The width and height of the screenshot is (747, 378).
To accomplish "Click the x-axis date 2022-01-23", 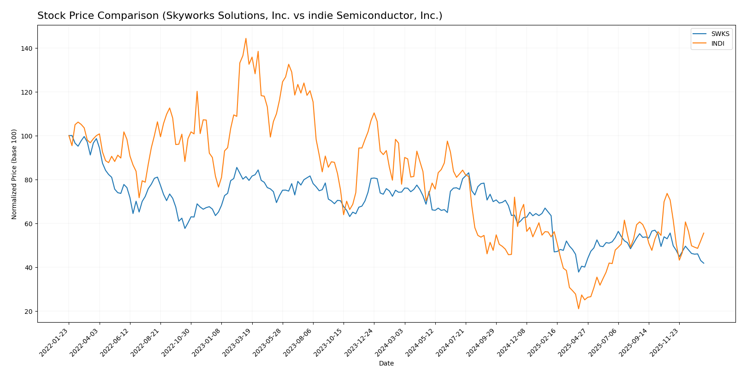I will click(54, 342).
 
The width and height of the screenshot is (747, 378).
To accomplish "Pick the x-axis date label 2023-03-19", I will click(237, 342).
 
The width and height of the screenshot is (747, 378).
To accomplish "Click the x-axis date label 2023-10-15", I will click(329, 342).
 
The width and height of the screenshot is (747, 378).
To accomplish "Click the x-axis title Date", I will click(386, 364).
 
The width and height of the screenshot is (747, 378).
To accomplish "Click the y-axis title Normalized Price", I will click(14, 174).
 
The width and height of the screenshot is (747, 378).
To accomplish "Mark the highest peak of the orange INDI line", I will click(246, 38).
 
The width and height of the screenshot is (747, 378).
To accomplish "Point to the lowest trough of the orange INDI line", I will click(579, 309).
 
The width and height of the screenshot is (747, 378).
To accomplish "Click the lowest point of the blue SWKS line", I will click(579, 272).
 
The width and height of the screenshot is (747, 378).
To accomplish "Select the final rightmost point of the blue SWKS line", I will click(704, 263).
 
